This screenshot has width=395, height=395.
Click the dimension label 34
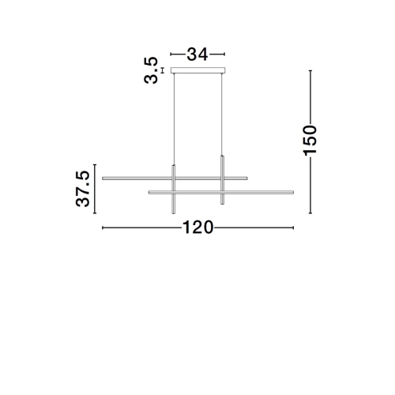click(197, 55)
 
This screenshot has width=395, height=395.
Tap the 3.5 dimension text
click(151, 70)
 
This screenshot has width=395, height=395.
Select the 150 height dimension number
click(310, 141)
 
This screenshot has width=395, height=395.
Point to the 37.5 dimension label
click(83, 189)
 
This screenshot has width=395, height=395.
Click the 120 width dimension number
click(197, 228)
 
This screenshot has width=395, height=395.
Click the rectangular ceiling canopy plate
click(198, 70)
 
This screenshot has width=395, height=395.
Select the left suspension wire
click(174, 119)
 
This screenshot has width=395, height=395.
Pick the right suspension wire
click(222, 115)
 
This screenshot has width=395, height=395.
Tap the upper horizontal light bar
click(175, 179)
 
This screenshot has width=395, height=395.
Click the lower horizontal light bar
click(221, 193)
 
